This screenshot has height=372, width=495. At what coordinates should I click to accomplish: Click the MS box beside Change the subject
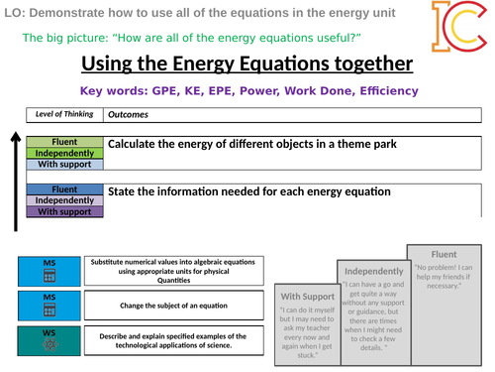tap(49, 304)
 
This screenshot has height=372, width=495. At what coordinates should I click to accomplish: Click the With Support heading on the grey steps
tap(306, 296)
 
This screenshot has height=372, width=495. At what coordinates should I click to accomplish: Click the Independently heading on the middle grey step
tap(371, 271)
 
